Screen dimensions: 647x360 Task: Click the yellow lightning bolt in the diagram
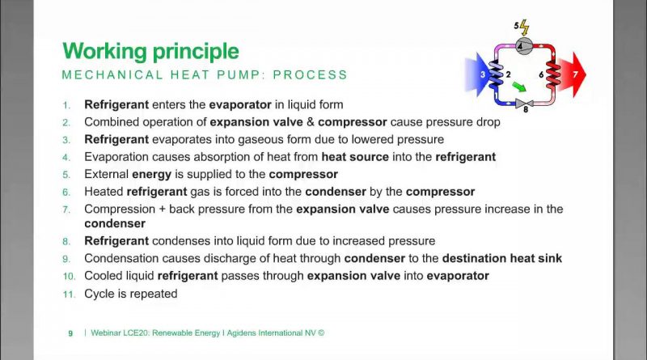coord(524,28)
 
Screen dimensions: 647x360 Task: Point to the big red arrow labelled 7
coord(572,74)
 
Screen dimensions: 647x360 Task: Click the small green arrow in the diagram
coord(519,87)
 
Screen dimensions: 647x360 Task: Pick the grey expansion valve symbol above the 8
coord(524,103)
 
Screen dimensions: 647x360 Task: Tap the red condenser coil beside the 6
coord(552,74)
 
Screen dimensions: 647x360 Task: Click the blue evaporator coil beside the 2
coord(496,74)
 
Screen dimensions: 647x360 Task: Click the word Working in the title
coord(105,52)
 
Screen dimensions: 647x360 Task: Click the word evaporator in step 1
coord(240,105)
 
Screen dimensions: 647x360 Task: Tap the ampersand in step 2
coord(311,122)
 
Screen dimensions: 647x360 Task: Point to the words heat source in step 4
coord(355,157)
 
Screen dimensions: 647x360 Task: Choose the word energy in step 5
coord(151,175)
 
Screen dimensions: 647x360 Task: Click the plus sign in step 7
coord(162,210)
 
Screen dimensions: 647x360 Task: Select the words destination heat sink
coord(501,258)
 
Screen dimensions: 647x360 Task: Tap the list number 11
coord(70,294)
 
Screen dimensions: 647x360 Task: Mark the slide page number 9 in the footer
coord(70,333)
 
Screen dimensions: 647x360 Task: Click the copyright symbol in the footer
coord(321,332)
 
